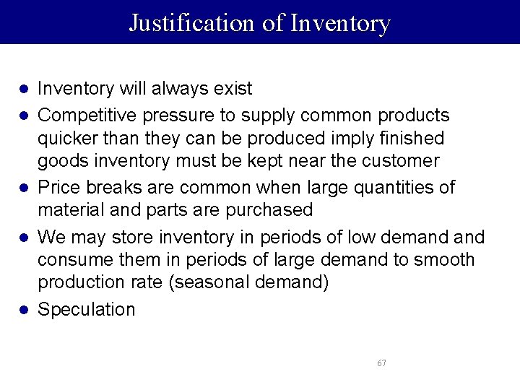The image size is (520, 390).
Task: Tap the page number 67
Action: pyautogui.click(x=381, y=363)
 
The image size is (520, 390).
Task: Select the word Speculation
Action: pyautogui.click(x=86, y=310)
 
